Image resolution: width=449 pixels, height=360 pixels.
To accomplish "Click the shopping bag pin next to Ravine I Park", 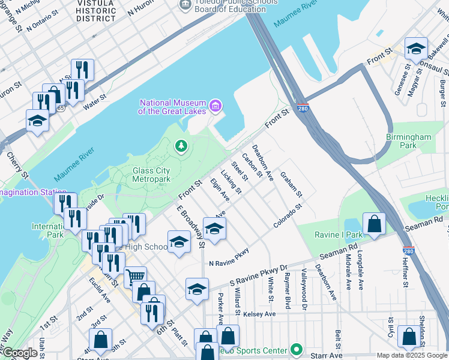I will pyautogui.click(x=374, y=225).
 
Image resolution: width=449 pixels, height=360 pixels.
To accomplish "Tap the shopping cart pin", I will pyautogui.click(x=135, y=277).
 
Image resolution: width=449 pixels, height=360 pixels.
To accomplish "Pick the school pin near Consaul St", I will pyautogui.click(x=416, y=50).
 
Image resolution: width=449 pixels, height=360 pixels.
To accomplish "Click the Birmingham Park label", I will pyautogui.click(x=408, y=141).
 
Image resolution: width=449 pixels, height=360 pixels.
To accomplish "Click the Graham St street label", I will pyautogui.click(x=291, y=187).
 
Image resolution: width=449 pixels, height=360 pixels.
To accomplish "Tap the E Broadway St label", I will pyautogui.click(x=190, y=226).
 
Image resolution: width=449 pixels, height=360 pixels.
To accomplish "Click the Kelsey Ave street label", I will pyautogui.click(x=259, y=314).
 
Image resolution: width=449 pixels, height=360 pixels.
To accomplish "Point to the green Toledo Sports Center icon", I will pyautogui.click(x=295, y=349).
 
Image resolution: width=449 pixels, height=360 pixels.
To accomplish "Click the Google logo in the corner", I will pyautogui.click(x=20, y=353).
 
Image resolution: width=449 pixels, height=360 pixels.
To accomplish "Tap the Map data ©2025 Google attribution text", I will pyautogui.click(x=412, y=355).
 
